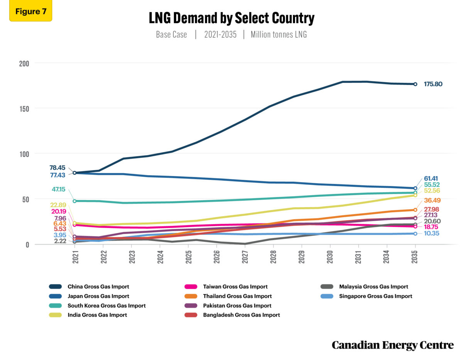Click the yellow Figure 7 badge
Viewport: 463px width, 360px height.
point(30,11)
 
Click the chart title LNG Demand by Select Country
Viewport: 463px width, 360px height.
point(231,18)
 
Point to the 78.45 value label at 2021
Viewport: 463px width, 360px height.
point(57,168)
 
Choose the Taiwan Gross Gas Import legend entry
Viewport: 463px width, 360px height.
point(235,287)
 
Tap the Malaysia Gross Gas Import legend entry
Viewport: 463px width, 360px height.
point(373,287)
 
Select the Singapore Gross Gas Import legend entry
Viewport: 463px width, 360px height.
point(375,296)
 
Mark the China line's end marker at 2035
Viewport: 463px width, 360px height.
point(415,84)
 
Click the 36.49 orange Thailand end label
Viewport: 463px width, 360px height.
point(432,200)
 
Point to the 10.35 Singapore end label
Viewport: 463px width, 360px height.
point(432,233)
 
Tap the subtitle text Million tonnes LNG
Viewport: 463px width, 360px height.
point(279,34)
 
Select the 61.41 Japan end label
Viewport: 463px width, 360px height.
point(432,178)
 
